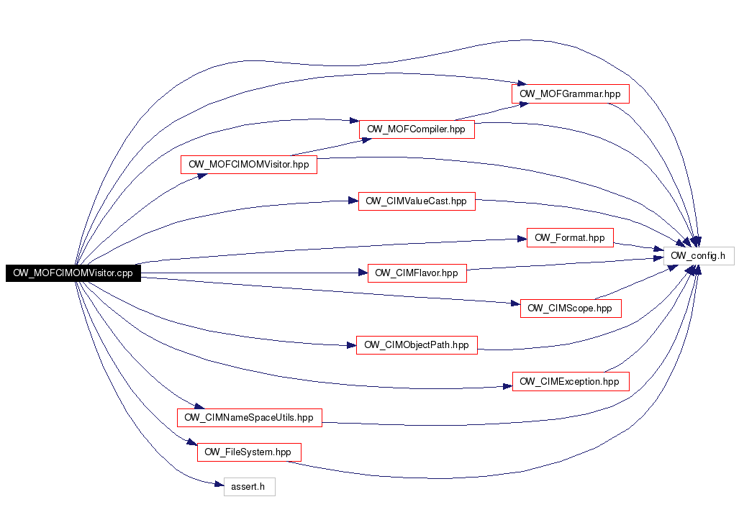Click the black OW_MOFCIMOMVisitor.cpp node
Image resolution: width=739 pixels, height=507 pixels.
tap(73, 273)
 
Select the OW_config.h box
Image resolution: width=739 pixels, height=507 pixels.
tap(697, 255)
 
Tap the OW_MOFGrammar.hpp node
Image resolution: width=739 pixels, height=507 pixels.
tap(570, 93)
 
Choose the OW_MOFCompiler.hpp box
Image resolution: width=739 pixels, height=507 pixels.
tap(416, 129)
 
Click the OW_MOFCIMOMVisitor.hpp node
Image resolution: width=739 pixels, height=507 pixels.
tap(248, 164)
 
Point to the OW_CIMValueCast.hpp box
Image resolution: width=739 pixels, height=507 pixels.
tap(416, 201)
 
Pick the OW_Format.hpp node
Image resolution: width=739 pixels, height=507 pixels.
tap(569, 238)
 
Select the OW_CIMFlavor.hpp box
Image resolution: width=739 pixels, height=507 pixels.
tap(417, 273)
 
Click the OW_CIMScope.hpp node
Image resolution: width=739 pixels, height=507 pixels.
tap(569, 309)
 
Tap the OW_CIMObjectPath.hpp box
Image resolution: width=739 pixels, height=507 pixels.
tap(416, 345)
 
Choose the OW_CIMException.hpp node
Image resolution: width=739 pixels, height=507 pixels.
tap(569, 381)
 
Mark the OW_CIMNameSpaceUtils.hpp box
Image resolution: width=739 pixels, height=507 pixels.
tap(249, 417)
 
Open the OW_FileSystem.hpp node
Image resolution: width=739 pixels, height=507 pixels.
tap(248, 452)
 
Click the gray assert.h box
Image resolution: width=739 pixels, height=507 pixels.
tap(248, 488)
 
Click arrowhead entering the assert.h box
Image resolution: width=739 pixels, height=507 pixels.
tap(219, 487)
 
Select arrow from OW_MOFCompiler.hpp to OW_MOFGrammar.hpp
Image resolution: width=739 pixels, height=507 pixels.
tap(489, 111)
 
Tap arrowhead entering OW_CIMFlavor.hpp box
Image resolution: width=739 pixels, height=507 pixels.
tap(363, 273)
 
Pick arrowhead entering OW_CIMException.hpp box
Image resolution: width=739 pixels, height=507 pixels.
tap(507, 386)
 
